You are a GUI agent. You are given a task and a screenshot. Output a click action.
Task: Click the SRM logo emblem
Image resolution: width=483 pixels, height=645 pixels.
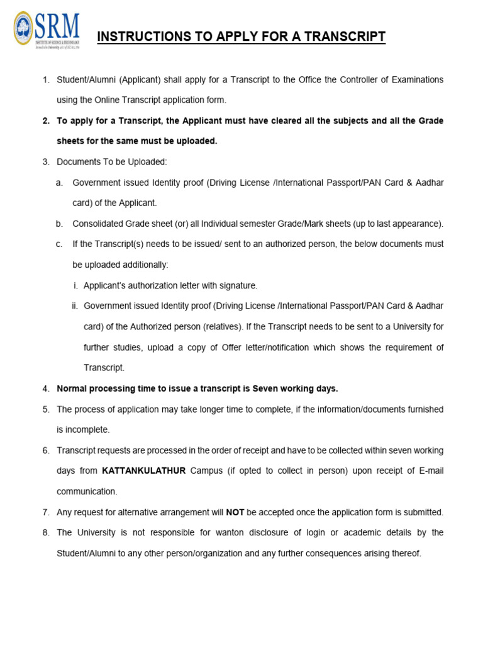tap(25, 28)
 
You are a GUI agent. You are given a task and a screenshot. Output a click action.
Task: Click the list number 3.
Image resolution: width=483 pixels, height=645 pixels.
tap(46, 162)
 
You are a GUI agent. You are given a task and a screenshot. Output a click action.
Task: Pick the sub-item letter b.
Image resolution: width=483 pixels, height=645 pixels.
tap(59, 224)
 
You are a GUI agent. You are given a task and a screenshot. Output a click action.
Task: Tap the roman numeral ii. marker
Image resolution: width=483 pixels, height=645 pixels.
tap(74, 306)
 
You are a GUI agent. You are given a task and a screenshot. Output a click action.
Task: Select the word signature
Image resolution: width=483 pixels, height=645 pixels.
tap(238, 285)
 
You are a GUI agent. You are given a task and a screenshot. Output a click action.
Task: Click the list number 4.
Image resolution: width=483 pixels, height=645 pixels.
tap(46, 388)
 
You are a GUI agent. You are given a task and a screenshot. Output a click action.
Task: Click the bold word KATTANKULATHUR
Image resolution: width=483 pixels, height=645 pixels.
tap(143, 471)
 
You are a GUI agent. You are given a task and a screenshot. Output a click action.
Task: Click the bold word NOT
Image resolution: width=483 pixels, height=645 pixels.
tap(235, 512)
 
